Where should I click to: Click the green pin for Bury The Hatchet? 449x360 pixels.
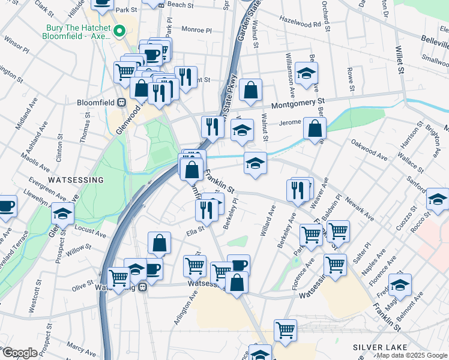[120, 30]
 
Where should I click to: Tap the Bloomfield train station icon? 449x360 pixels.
[121, 102]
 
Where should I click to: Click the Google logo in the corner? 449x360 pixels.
[20, 353]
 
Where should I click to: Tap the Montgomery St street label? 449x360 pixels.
[298, 104]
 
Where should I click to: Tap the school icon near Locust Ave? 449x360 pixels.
[62, 214]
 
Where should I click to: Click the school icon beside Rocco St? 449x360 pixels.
[438, 199]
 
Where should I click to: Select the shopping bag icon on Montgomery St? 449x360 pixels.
[250, 90]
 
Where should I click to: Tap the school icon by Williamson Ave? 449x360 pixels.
[307, 73]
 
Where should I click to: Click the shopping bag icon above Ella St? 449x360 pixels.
[160, 243]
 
